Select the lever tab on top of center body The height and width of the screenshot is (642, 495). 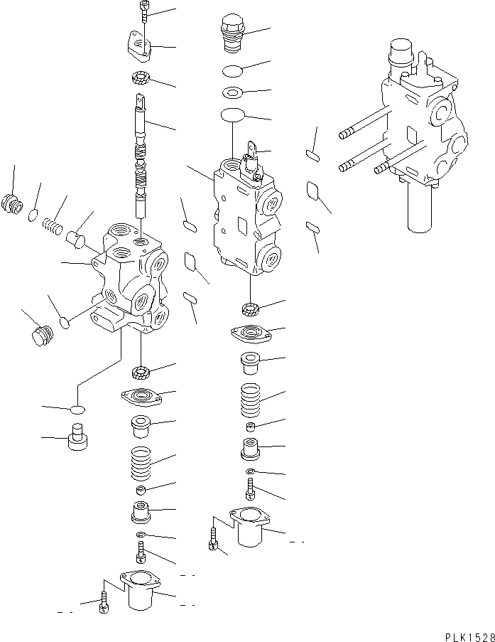pyautogui.click(x=250, y=154)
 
